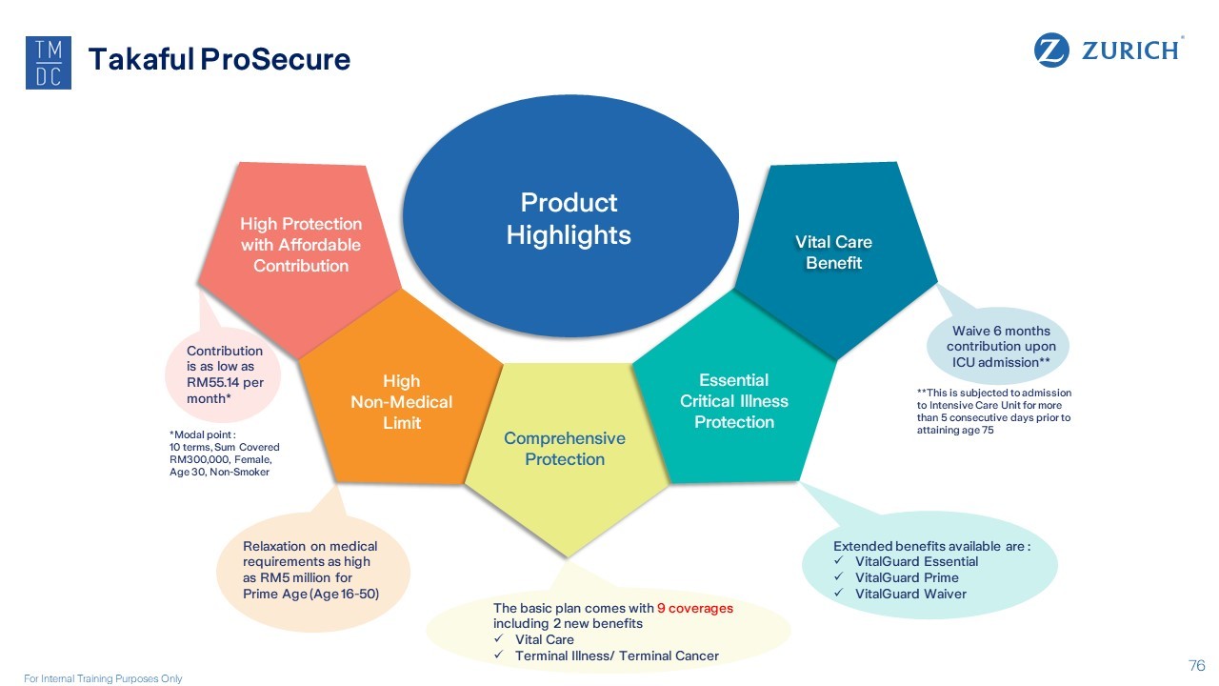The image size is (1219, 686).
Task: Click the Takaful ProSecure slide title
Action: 219,60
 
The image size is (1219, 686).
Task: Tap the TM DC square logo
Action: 49,64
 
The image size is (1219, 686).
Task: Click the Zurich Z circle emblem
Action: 1052,50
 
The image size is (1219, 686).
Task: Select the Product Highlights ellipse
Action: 569,218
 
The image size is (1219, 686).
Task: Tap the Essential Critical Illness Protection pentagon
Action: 733,401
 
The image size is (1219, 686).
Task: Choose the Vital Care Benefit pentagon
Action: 833,252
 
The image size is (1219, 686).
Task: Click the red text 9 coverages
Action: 695,608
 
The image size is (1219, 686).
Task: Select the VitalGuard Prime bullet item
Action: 907,577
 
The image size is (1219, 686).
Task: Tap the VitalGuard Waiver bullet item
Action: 910,594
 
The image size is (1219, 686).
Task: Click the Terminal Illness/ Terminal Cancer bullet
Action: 616,656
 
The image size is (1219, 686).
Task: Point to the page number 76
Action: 1197,665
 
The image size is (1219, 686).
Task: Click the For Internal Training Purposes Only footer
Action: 103,678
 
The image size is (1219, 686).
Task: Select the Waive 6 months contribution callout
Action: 998,346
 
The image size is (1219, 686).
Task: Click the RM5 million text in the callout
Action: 298,577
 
